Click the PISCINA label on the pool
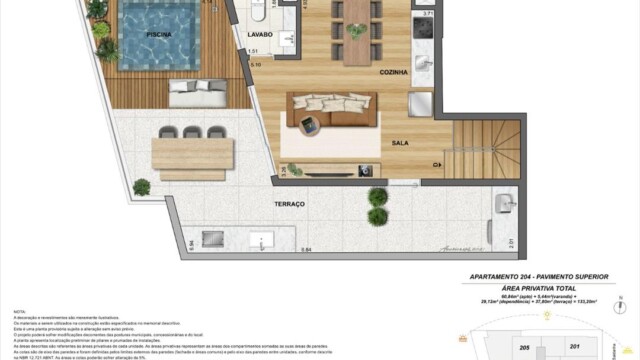coord(158,33)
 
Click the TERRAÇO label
coord(289,203)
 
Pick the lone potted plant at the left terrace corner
coord(141,186)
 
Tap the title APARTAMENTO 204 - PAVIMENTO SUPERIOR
coord(540,276)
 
